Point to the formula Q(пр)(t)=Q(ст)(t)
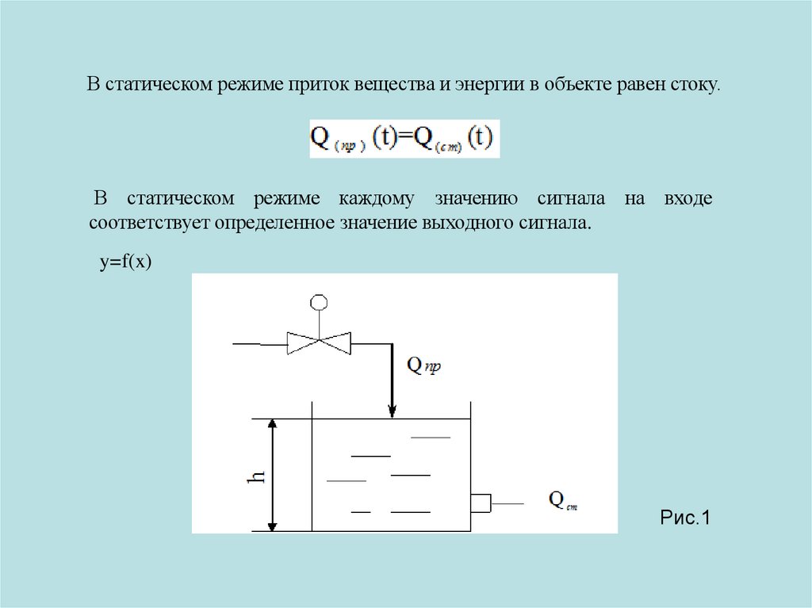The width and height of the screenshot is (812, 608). tap(404, 139)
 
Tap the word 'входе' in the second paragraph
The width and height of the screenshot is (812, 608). tap(688, 199)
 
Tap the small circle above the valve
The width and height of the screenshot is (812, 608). tap(319, 301)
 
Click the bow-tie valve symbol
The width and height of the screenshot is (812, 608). tap(319, 343)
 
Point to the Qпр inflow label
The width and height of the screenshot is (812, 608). tap(423, 365)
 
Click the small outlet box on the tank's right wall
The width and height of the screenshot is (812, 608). tap(481, 503)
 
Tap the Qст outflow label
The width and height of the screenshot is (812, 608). tap(562, 501)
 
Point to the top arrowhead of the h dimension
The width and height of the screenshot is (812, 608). tap(273, 425)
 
